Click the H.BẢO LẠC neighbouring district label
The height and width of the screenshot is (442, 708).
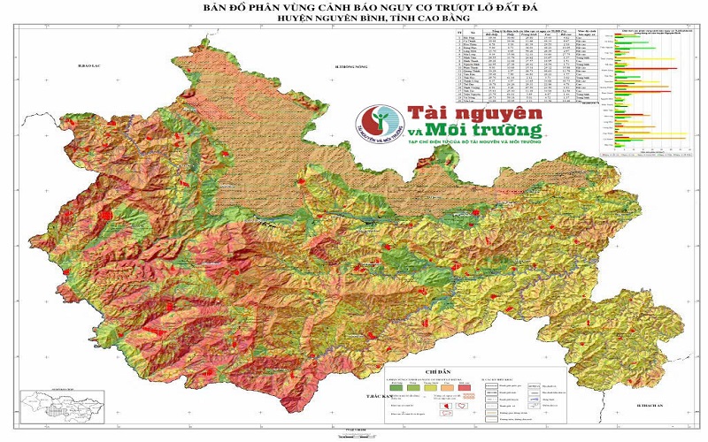coord(92,66)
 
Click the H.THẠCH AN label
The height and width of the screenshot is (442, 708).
coord(650,404)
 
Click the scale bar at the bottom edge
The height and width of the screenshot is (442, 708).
coord(354,433)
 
